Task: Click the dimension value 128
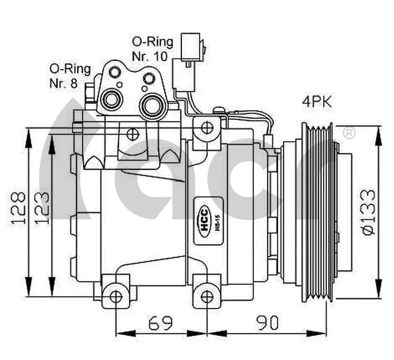[x=19, y=208]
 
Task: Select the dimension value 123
[x=43, y=208]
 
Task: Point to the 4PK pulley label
[x=318, y=102]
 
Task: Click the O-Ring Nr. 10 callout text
[x=152, y=49]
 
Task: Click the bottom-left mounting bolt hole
[x=116, y=297]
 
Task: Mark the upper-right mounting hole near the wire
[x=206, y=128]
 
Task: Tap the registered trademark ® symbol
[x=349, y=133]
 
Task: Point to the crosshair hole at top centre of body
[x=132, y=133]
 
